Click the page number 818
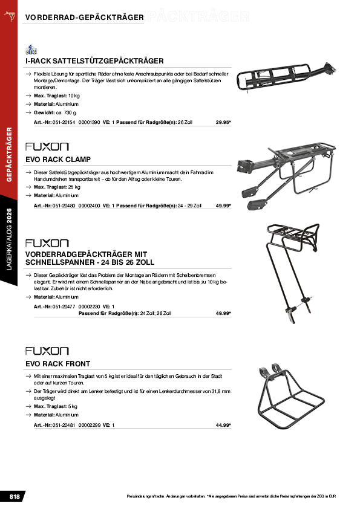coord(15,497)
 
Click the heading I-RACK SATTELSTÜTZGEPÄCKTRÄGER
coord(94,61)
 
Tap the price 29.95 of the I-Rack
coord(223,122)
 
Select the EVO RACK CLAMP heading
coord(58,160)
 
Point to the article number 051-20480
coord(64,206)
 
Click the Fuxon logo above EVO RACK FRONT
coord(47,351)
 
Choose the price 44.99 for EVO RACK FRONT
coord(223,425)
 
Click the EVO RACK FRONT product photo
coord(291,397)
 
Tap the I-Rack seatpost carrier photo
coord(286,77)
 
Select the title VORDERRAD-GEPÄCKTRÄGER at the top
coord(85,18)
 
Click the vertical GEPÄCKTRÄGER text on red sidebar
coord(9,155)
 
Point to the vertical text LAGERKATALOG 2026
coord(9,239)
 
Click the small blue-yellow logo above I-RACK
coord(31,50)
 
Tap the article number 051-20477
coord(64,306)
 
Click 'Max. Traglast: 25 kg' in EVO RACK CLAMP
coord(57,187)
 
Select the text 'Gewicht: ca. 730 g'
coord(55,113)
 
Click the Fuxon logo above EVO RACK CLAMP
coord(47,147)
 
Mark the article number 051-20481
coord(64,425)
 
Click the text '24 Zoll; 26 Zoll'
coord(155,314)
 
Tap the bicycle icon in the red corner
coord(10,16)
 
